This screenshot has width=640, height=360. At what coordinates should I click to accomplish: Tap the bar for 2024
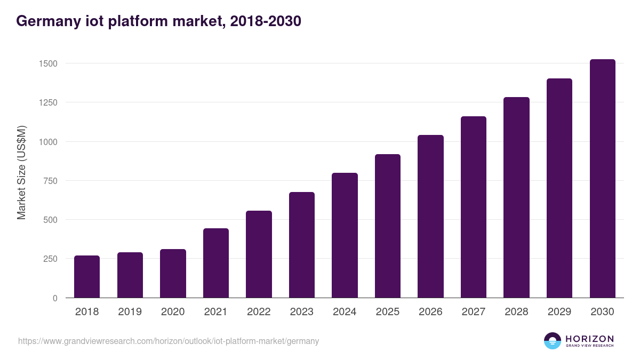pos(345,235)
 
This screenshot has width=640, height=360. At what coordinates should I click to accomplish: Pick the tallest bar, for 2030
pos(602,178)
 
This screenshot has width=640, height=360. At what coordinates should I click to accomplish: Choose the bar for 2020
pos(173,273)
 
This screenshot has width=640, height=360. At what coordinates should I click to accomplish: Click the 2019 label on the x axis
pos(130,312)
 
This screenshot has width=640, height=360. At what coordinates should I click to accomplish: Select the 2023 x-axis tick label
pos(301,312)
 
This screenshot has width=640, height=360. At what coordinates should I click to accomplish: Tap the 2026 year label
pos(430,312)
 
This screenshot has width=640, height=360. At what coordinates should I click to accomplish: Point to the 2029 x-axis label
pos(559,312)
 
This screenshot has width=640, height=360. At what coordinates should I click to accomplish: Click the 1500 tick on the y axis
pos(48,63)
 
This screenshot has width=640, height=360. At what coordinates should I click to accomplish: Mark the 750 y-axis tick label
pos(50,181)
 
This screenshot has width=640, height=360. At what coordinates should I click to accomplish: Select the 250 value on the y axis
pos(50,259)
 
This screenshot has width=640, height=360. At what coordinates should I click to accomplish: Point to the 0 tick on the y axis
pos(55,298)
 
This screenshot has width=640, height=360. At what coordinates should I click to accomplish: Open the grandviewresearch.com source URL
pos(169,341)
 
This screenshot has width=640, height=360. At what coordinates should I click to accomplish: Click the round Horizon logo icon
pos(552,341)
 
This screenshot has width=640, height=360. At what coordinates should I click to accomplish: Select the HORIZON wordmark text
pos(589,339)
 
